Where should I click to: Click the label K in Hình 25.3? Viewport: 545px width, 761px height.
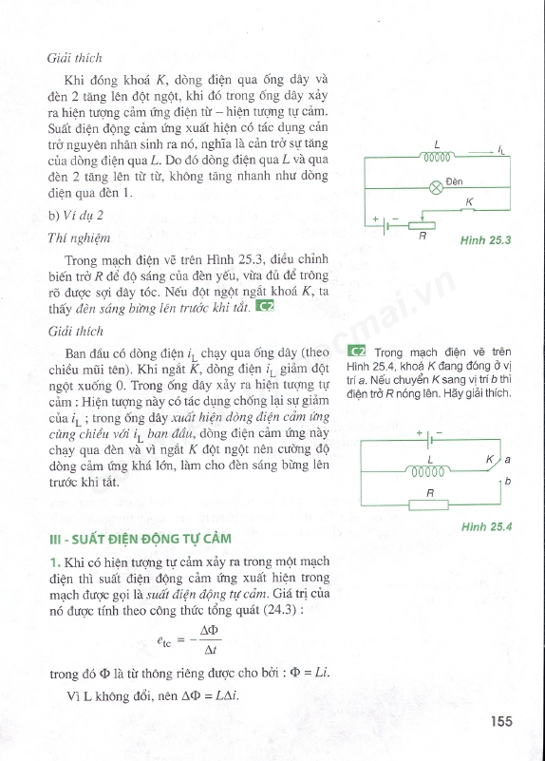468,201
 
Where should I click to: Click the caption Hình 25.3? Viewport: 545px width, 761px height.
485,240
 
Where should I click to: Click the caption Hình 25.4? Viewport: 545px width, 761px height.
485,525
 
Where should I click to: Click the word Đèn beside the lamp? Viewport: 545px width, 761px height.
453,180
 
